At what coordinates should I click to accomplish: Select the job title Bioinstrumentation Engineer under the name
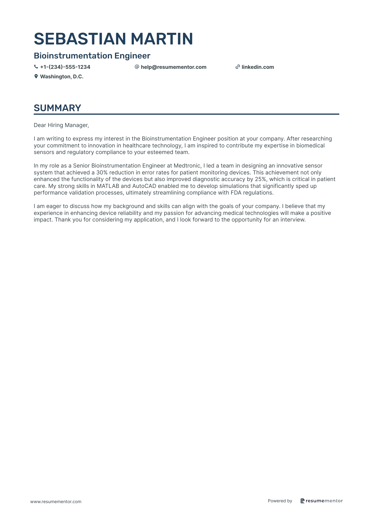click(x=92, y=56)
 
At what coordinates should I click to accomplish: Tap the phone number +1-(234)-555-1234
click(x=65, y=67)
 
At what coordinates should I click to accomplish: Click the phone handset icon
click(x=36, y=67)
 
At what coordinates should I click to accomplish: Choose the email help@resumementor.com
click(x=173, y=67)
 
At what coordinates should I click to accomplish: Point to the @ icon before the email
click(x=137, y=67)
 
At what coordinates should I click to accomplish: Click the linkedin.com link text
click(x=258, y=67)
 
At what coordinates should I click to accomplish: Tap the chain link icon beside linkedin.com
click(x=238, y=67)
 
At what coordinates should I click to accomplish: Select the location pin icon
click(x=36, y=76)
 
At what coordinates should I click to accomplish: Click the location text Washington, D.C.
click(x=62, y=77)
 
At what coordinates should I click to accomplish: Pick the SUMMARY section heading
click(x=57, y=108)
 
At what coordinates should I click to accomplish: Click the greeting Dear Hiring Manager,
click(x=61, y=125)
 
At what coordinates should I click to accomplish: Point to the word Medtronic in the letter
click(x=187, y=166)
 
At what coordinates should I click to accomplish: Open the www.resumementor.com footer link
click(x=56, y=502)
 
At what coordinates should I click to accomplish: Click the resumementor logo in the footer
click(x=321, y=501)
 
